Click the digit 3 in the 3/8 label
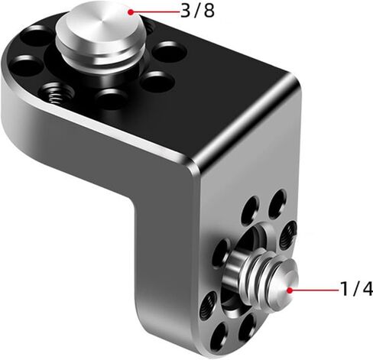(185, 11)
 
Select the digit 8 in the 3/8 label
(209, 11)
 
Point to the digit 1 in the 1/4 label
(344, 289)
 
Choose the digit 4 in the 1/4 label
(368, 289)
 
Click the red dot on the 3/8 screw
(131, 12)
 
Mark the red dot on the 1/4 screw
(289, 290)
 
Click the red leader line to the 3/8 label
(155, 12)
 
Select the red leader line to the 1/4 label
(314, 290)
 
